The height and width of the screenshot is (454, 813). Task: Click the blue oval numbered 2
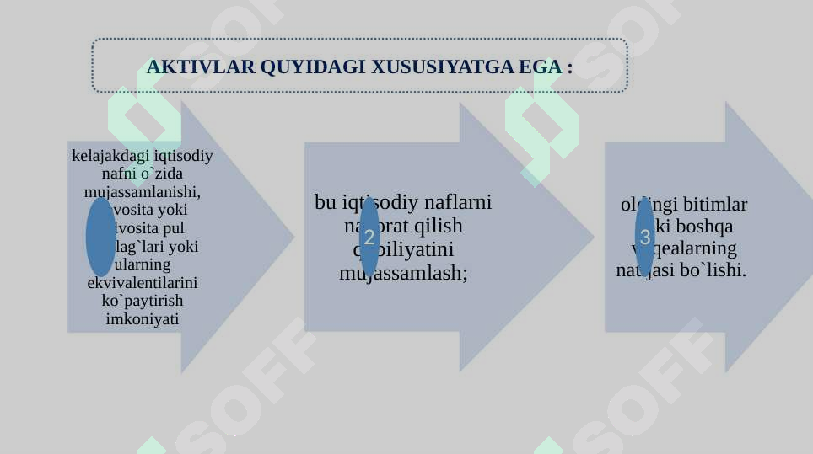click(369, 238)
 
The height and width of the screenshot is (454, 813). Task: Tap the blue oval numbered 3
click(645, 237)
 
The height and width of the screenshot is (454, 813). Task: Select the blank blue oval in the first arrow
click(100, 237)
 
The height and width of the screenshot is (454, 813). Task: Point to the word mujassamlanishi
click(143, 191)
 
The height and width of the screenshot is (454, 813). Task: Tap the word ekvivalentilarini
click(143, 282)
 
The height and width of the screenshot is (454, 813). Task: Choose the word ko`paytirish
click(143, 301)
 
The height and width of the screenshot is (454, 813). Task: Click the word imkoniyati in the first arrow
click(143, 319)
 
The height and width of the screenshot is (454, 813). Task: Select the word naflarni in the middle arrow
click(458, 202)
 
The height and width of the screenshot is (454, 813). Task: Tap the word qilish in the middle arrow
click(432, 226)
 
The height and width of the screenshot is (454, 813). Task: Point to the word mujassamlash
click(402, 273)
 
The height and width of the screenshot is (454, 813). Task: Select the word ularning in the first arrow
click(143, 264)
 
